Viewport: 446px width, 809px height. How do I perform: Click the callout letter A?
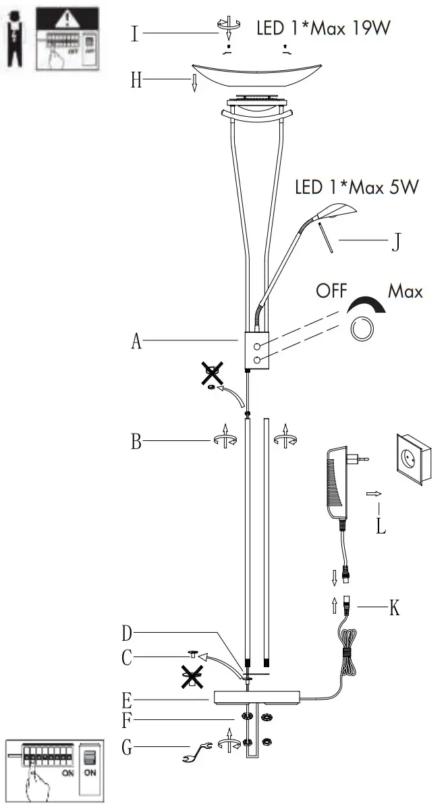click(136, 342)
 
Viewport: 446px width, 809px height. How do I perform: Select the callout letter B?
click(136, 444)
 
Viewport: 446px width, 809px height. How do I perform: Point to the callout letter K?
click(395, 608)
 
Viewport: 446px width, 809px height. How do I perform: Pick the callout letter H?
click(136, 81)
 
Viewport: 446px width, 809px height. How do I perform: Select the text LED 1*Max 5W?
click(356, 187)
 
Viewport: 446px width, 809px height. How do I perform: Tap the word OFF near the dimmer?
click(331, 292)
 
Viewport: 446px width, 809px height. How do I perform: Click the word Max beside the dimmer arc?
click(406, 292)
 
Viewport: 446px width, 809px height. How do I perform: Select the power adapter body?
click(337, 484)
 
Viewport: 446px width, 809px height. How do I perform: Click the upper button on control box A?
click(256, 346)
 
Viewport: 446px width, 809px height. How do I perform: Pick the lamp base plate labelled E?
click(256, 698)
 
